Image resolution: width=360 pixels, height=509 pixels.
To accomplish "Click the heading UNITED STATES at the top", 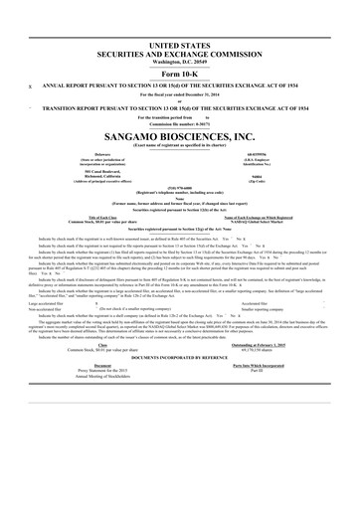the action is pyautogui.click(x=179, y=46).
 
